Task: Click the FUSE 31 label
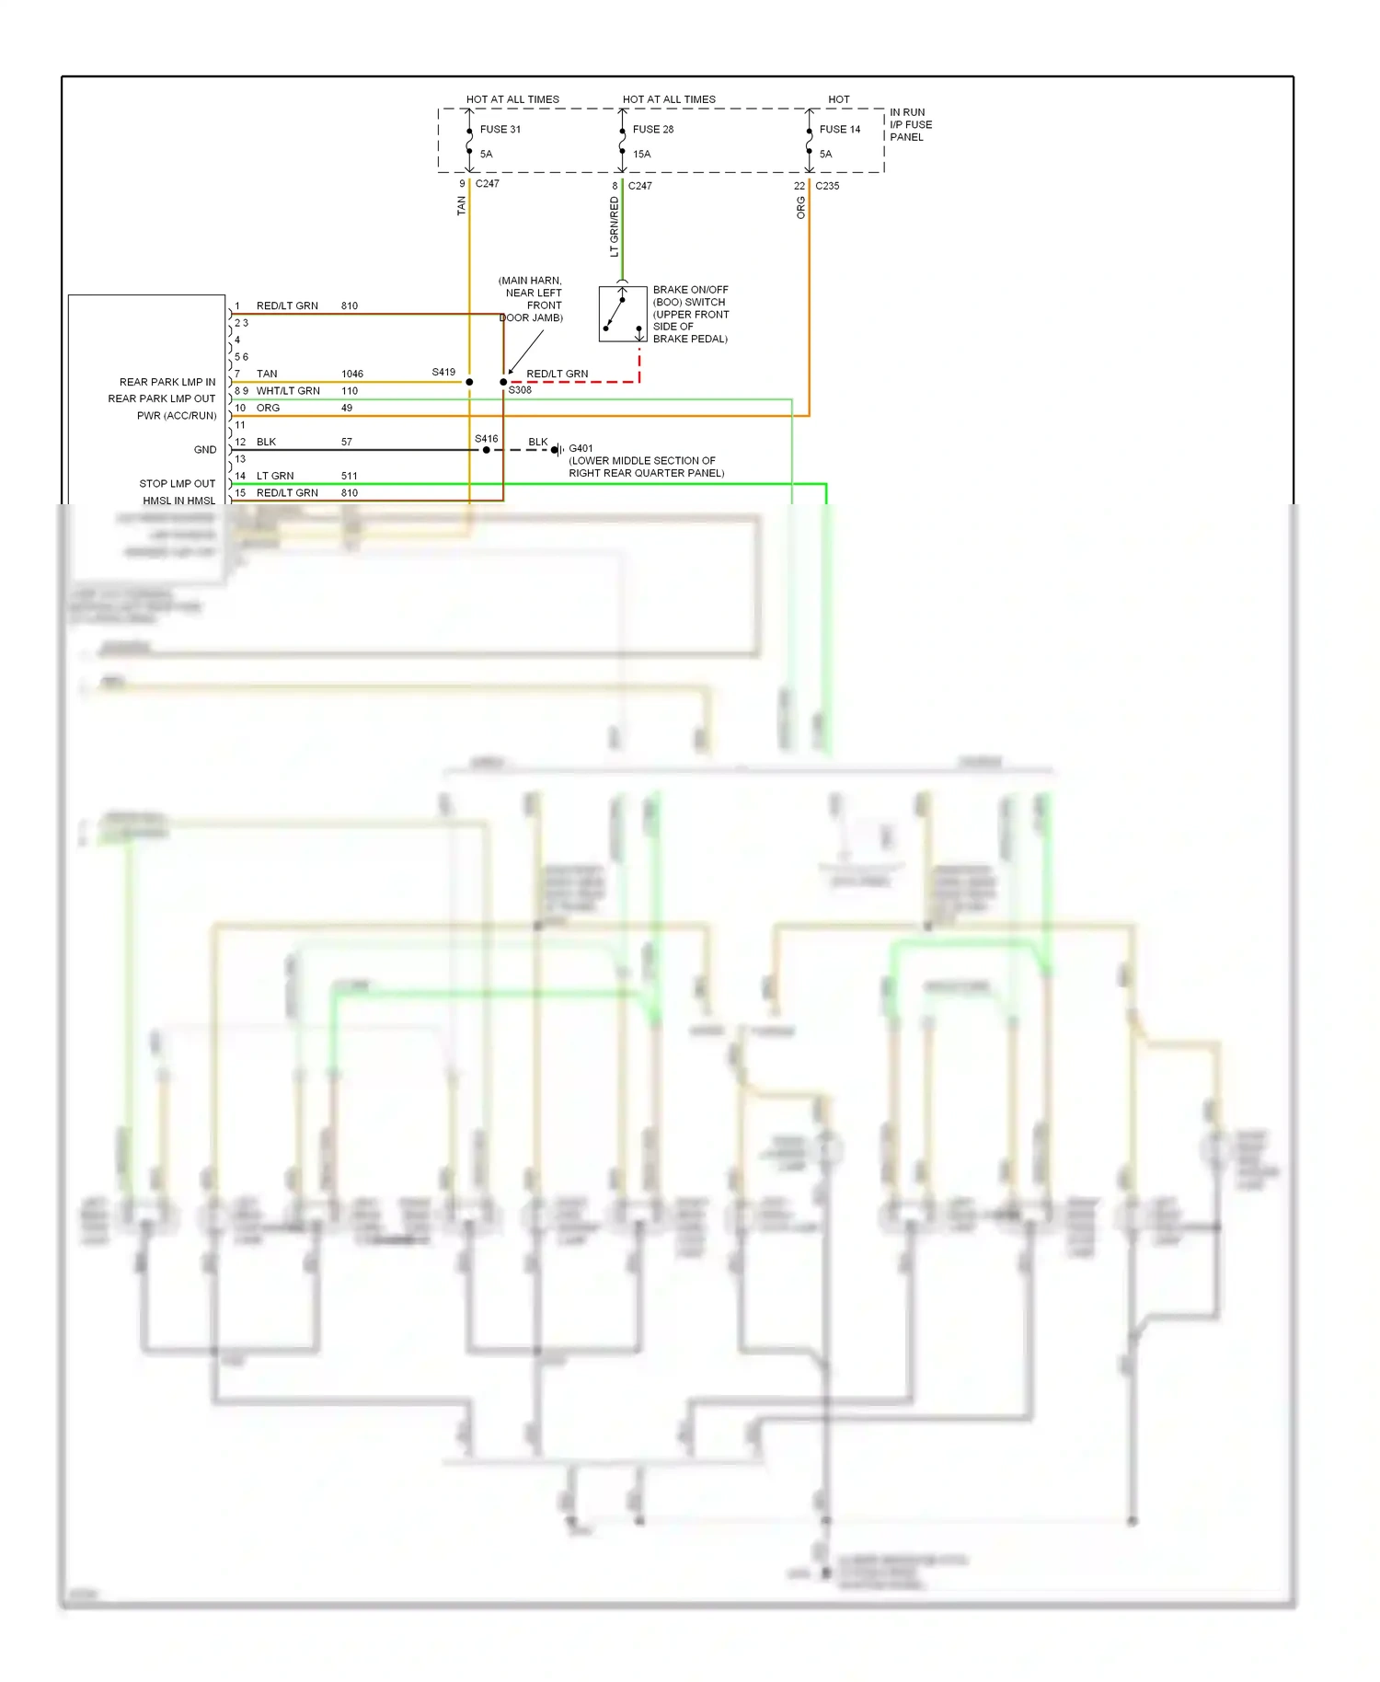click(x=500, y=130)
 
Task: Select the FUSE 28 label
click(x=652, y=130)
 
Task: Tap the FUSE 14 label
click(x=839, y=130)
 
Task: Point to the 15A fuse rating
click(x=641, y=155)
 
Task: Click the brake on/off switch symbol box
click(x=622, y=315)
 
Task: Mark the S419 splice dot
click(x=469, y=382)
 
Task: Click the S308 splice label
click(x=520, y=390)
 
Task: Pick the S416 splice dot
click(x=487, y=450)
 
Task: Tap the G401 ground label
click(x=581, y=449)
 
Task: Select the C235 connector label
click(x=827, y=186)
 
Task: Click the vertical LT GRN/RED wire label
click(x=614, y=226)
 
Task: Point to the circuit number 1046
click(x=351, y=374)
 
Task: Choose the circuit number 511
click(x=349, y=476)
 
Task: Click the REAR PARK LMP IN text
click(x=167, y=382)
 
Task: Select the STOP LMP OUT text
click(x=177, y=483)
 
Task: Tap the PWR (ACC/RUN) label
click(x=177, y=416)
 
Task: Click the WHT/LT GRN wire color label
click(x=288, y=391)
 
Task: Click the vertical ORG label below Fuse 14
click(x=800, y=208)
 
